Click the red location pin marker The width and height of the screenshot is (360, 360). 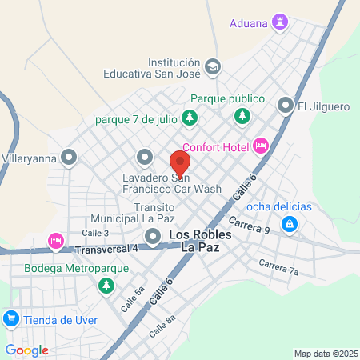point(179,163)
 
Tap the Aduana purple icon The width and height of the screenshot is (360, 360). point(280,20)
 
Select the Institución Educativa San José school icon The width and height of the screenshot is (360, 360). point(212,66)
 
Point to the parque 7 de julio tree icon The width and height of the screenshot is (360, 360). point(189,120)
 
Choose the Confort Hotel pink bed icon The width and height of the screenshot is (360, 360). point(260,146)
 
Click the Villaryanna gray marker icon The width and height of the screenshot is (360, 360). point(70,157)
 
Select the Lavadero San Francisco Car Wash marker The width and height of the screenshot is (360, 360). point(144,157)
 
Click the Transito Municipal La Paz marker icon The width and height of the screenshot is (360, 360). point(153,235)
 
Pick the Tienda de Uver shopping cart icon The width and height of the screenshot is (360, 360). point(11,318)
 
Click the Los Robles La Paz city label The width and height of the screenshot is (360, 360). point(201,242)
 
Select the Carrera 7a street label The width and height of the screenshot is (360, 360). point(278,268)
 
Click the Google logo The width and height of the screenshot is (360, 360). point(27,350)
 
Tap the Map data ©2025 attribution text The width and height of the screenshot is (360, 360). point(325,354)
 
